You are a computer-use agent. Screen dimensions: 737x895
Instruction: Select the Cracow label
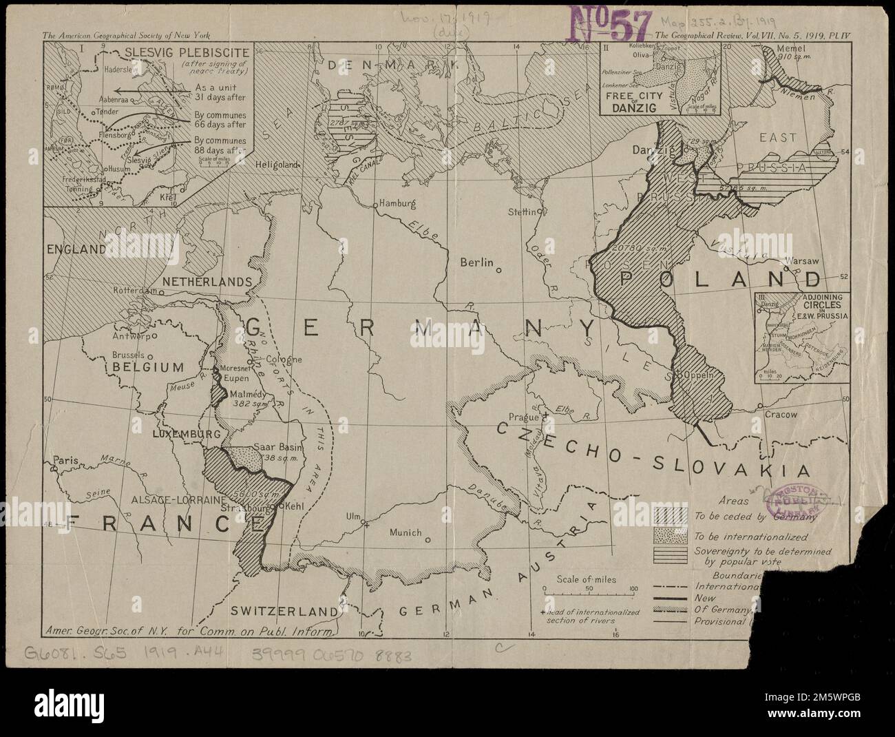[x=781, y=415]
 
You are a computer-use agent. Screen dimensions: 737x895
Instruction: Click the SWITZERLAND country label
[x=284, y=611]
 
